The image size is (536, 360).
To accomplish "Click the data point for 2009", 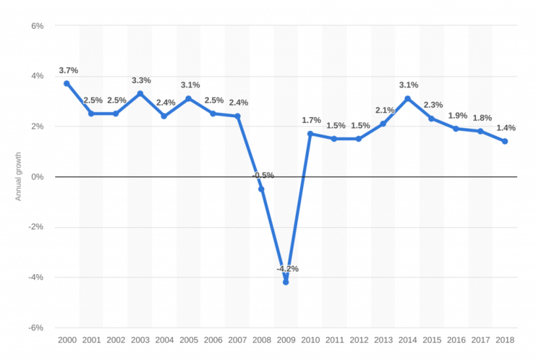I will [285, 282].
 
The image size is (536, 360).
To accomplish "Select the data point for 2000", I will [67, 84].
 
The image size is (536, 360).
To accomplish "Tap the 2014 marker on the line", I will [407, 99].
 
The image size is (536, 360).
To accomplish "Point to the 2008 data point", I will [261, 189].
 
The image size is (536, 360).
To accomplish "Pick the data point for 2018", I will [505, 141].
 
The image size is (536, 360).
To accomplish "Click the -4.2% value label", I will [288, 268].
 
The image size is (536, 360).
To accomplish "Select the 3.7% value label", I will [69, 70].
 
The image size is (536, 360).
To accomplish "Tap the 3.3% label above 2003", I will [141, 81].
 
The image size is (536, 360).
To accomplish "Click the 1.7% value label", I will [312, 120].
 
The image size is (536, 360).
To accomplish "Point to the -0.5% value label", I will [262, 175].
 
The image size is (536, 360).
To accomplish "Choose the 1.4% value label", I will [505, 128].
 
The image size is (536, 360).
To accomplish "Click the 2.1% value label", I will [384, 110].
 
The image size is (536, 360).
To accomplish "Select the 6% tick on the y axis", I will [37, 26].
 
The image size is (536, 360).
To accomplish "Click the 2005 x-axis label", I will [188, 340].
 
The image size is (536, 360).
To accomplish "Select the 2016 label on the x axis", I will [456, 340].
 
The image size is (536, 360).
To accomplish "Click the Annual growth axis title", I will [18, 177].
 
